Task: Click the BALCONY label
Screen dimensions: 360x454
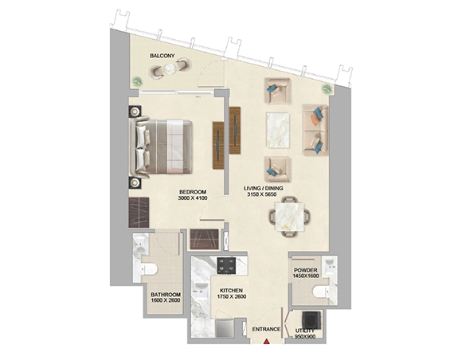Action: click(x=162, y=56)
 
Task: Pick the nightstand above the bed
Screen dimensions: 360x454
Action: click(x=132, y=113)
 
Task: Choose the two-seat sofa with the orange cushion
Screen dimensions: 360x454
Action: click(x=316, y=130)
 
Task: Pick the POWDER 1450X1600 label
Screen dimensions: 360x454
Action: click(x=306, y=273)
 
